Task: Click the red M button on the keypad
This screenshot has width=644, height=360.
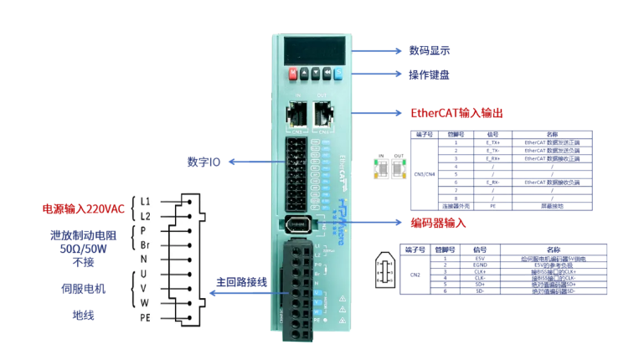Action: (x=292, y=73)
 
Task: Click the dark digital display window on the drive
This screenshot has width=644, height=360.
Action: (x=314, y=49)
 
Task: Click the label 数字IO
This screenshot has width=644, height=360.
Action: (x=204, y=161)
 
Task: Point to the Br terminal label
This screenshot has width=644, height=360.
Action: (x=145, y=244)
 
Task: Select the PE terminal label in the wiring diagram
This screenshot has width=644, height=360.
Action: (x=146, y=317)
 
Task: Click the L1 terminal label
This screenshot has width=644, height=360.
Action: (x=146, y=201)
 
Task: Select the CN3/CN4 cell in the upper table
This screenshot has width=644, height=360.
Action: (x=425, y=173)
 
